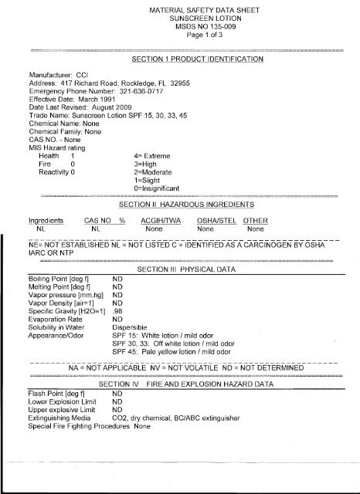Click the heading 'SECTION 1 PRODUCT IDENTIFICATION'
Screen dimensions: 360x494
point(199,58)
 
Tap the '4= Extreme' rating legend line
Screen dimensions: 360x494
point(155,155)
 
